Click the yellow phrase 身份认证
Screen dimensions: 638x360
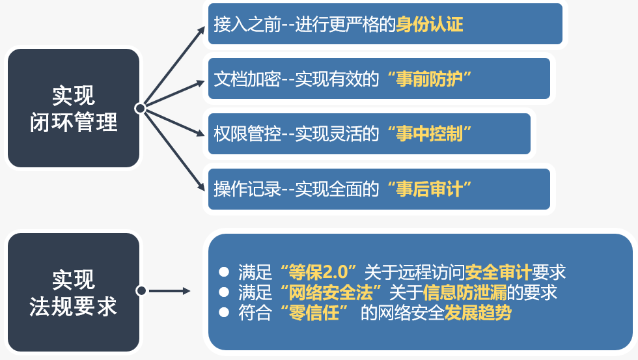(x=430, y=24)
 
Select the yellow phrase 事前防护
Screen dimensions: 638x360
(x=430, y=79)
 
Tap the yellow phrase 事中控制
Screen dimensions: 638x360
(x=430, y=134)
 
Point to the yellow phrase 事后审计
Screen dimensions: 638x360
(x=430, y=189)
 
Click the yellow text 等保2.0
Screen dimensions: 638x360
(x=318, y=272)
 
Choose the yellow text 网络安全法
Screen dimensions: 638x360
(x=331, y=292)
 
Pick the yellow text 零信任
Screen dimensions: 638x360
(x=313, y=313)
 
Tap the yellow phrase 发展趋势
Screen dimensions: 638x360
(x=478, y=313)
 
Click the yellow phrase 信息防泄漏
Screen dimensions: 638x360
(x=465, y=292)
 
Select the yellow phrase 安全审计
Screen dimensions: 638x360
(x=498, y=272)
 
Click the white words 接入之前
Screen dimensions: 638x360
(x=247, y=24)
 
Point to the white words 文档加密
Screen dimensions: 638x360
(x=247, y=79)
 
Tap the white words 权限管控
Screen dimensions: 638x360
(x=247, y=134)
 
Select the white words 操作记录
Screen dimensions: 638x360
(x=247, y=189)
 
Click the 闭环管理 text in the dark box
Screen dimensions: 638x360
(x=74, y=122)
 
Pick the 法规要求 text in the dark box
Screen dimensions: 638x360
(x=74, y=307)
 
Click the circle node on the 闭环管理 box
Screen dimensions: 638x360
(x=141, y=108)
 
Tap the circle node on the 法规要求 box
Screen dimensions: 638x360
(x=141, y=290)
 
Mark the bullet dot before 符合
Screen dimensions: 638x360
(x=224, y=312)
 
